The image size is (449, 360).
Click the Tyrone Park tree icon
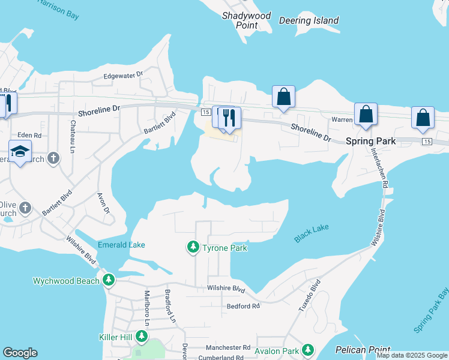pos(193,247)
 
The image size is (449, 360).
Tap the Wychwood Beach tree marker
pos(108,280)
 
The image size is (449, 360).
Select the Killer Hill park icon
pos(142,337)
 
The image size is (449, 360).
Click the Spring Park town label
pos(370,142)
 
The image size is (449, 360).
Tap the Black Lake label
pos(312,233)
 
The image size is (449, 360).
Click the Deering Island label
pos(309,21)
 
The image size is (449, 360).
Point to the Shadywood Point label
pos(247,20)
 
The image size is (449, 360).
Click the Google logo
pos(20,353)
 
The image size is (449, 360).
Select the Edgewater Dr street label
pos(124,75)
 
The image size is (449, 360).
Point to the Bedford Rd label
pos(243,306)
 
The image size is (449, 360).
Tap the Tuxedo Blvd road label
pos(310,295)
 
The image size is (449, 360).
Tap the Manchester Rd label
pos(228,347)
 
